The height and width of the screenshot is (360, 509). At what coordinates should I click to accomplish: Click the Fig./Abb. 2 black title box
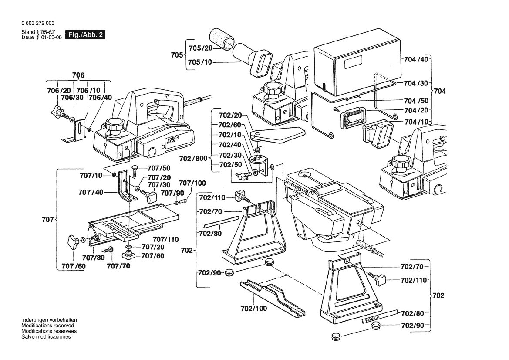coord(85,34)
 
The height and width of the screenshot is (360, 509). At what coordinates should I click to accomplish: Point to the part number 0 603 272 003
coord(38,23)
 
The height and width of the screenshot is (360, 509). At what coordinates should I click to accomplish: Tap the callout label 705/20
coord(200,48)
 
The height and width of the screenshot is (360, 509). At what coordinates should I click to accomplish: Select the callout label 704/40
coord(416,59)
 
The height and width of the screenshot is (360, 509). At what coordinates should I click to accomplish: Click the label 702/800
coord(193,159)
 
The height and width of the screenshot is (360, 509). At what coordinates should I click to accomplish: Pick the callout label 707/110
coord(165,239)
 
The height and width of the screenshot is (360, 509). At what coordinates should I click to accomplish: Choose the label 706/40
coord(100,98)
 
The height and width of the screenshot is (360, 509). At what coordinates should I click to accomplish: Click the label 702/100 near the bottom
coord(253,308)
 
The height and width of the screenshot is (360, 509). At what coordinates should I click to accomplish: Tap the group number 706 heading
coord(78,75)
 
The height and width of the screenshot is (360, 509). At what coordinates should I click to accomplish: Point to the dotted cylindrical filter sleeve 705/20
coord(222,39)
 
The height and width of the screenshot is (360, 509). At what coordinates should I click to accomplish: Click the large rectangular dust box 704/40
coord(357,61)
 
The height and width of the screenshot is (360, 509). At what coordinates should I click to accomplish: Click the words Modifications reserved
coord(48,326)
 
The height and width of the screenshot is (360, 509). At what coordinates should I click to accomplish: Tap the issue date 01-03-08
coord(51,37)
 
